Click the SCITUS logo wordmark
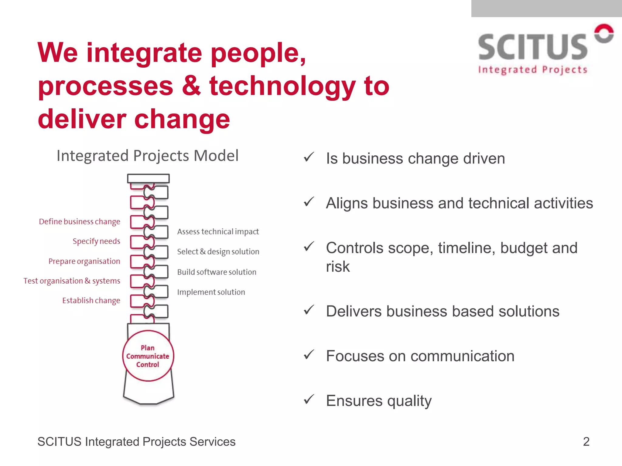click(532, 47)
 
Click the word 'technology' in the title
click(282, 86)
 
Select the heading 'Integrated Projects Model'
click(148, 156)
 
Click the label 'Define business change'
click(80, 222)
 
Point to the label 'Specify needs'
click(96, 241)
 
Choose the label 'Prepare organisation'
click(84, 261)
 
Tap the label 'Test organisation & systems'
click(72, 281)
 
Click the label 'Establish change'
click(91, 300)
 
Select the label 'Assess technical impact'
click(218, 232)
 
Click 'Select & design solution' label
click(218, 252)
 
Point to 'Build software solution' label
click(217, 272)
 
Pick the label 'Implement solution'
click(211, 292)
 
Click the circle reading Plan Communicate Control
click(148, 356)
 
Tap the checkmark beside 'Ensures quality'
click(309, 400)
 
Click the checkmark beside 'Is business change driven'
click(309, 157)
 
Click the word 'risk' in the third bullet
click(338, 267)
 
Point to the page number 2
click(586, 441)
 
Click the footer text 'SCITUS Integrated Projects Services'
click(136, 442)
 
